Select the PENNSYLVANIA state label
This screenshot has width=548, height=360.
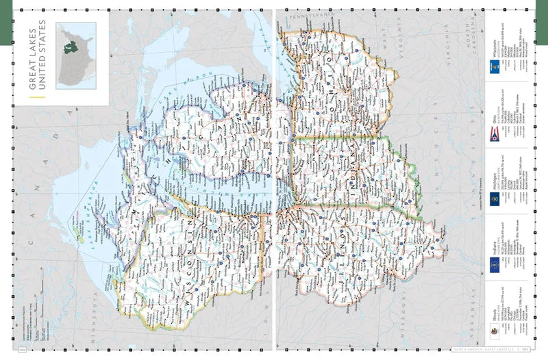click(312, 16)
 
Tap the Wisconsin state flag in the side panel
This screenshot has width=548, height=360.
click(493, 66)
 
